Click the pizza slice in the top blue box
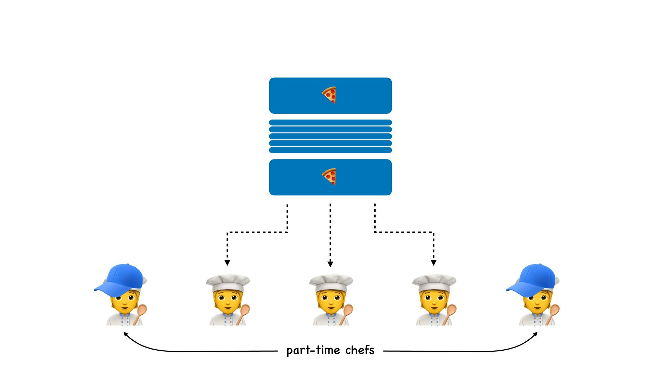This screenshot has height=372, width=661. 329,95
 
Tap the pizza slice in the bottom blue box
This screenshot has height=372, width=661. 329,176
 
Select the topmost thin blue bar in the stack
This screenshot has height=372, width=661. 330,123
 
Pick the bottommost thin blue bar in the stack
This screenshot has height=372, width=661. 330,150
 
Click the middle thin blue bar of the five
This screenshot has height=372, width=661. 330,136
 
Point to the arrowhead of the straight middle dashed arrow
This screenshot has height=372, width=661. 330,264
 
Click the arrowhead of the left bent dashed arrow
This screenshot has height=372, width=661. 227,263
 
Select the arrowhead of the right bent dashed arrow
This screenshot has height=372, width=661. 433,263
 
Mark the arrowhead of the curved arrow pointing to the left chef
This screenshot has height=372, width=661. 126,334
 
